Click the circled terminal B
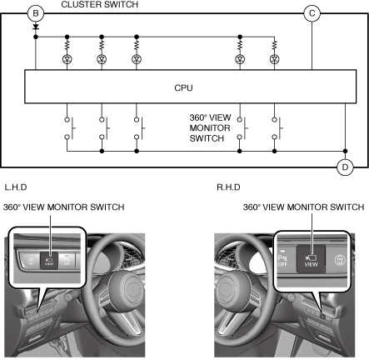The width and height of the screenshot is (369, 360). coord(36,13)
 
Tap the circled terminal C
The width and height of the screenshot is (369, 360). coord(312,13)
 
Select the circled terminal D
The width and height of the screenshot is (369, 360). coord(345,167)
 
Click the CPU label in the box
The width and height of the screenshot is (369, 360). coord(183,87)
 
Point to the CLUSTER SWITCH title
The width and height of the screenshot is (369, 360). coord(99,4)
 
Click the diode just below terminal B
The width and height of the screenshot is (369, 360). coord(36,27)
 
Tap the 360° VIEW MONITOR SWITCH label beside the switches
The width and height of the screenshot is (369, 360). coord(210,128)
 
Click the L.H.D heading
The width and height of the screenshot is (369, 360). coord(16,187)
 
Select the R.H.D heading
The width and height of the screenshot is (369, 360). coord(228,187)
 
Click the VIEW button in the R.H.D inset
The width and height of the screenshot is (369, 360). coord(311,259)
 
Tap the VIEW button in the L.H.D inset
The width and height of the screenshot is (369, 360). coord(49,261)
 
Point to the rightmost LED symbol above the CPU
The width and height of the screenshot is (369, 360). coord(274,59)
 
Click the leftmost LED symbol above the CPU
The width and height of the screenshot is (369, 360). coord(67,59)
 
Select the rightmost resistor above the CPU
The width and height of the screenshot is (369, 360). coord(274,45)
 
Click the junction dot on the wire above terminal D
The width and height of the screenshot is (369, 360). coord(345,151)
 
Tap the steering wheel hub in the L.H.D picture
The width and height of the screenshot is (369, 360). coord(127,288)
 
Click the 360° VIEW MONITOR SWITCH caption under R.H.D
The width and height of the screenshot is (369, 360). coord(303,207)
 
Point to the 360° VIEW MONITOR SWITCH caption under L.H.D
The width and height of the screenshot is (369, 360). coord(64,207)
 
